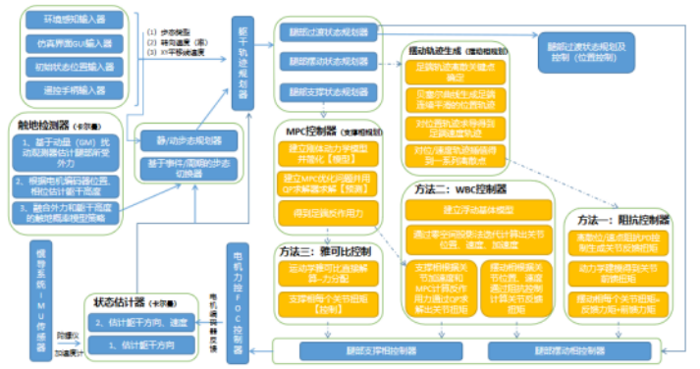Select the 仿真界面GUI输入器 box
click(x=73, y=44)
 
